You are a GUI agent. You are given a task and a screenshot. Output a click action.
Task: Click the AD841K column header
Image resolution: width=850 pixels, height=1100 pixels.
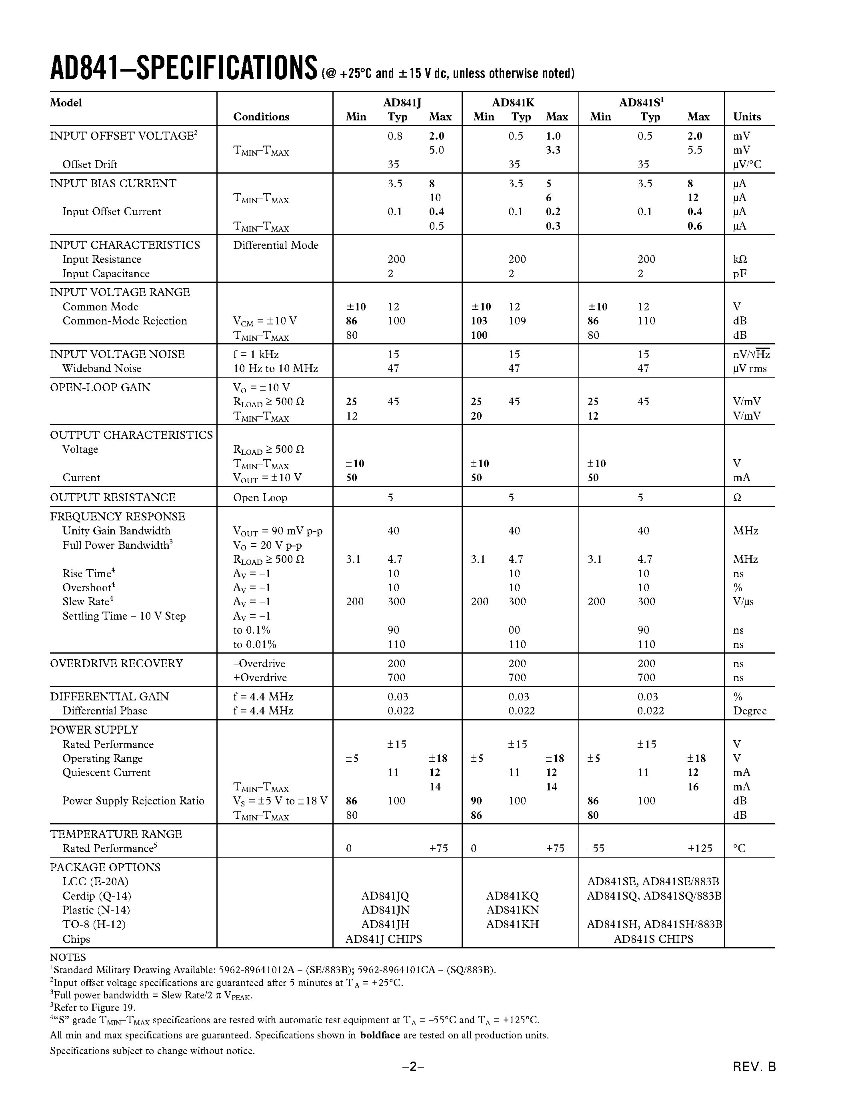(x=513, y=103)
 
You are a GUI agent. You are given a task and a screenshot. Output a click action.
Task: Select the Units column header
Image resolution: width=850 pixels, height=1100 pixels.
(x=747, y=117)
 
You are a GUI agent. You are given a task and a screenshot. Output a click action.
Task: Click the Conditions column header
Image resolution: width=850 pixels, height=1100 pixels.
(x=261, y=117)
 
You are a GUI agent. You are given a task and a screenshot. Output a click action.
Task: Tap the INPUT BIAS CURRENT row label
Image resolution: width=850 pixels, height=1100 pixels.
(x=113, y=183)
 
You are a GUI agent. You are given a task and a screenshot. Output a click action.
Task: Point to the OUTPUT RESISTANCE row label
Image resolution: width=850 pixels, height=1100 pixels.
(x=112, y=498)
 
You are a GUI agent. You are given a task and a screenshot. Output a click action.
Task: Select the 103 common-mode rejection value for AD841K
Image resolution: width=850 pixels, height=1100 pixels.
(x=479, y=321)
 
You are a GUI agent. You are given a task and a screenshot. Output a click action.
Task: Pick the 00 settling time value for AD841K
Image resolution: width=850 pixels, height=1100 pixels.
(x=514, y=630)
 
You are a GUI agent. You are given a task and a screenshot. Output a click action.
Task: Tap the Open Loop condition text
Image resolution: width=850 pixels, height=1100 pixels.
(x=260, y=498)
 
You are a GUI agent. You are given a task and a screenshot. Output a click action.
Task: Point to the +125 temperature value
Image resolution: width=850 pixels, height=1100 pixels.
(x=700, y=848)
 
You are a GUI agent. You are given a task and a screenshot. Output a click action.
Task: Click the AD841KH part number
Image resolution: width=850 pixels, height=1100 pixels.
(x=512, y=924)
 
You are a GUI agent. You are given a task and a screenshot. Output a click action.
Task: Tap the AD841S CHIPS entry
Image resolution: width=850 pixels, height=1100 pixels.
(x=653, y=939)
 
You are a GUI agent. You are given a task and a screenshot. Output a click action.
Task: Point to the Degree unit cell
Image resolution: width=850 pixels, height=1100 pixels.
(x=750, y=711)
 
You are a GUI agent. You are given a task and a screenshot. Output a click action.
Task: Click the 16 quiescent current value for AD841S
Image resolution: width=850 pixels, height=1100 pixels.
(x=693, y=787)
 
